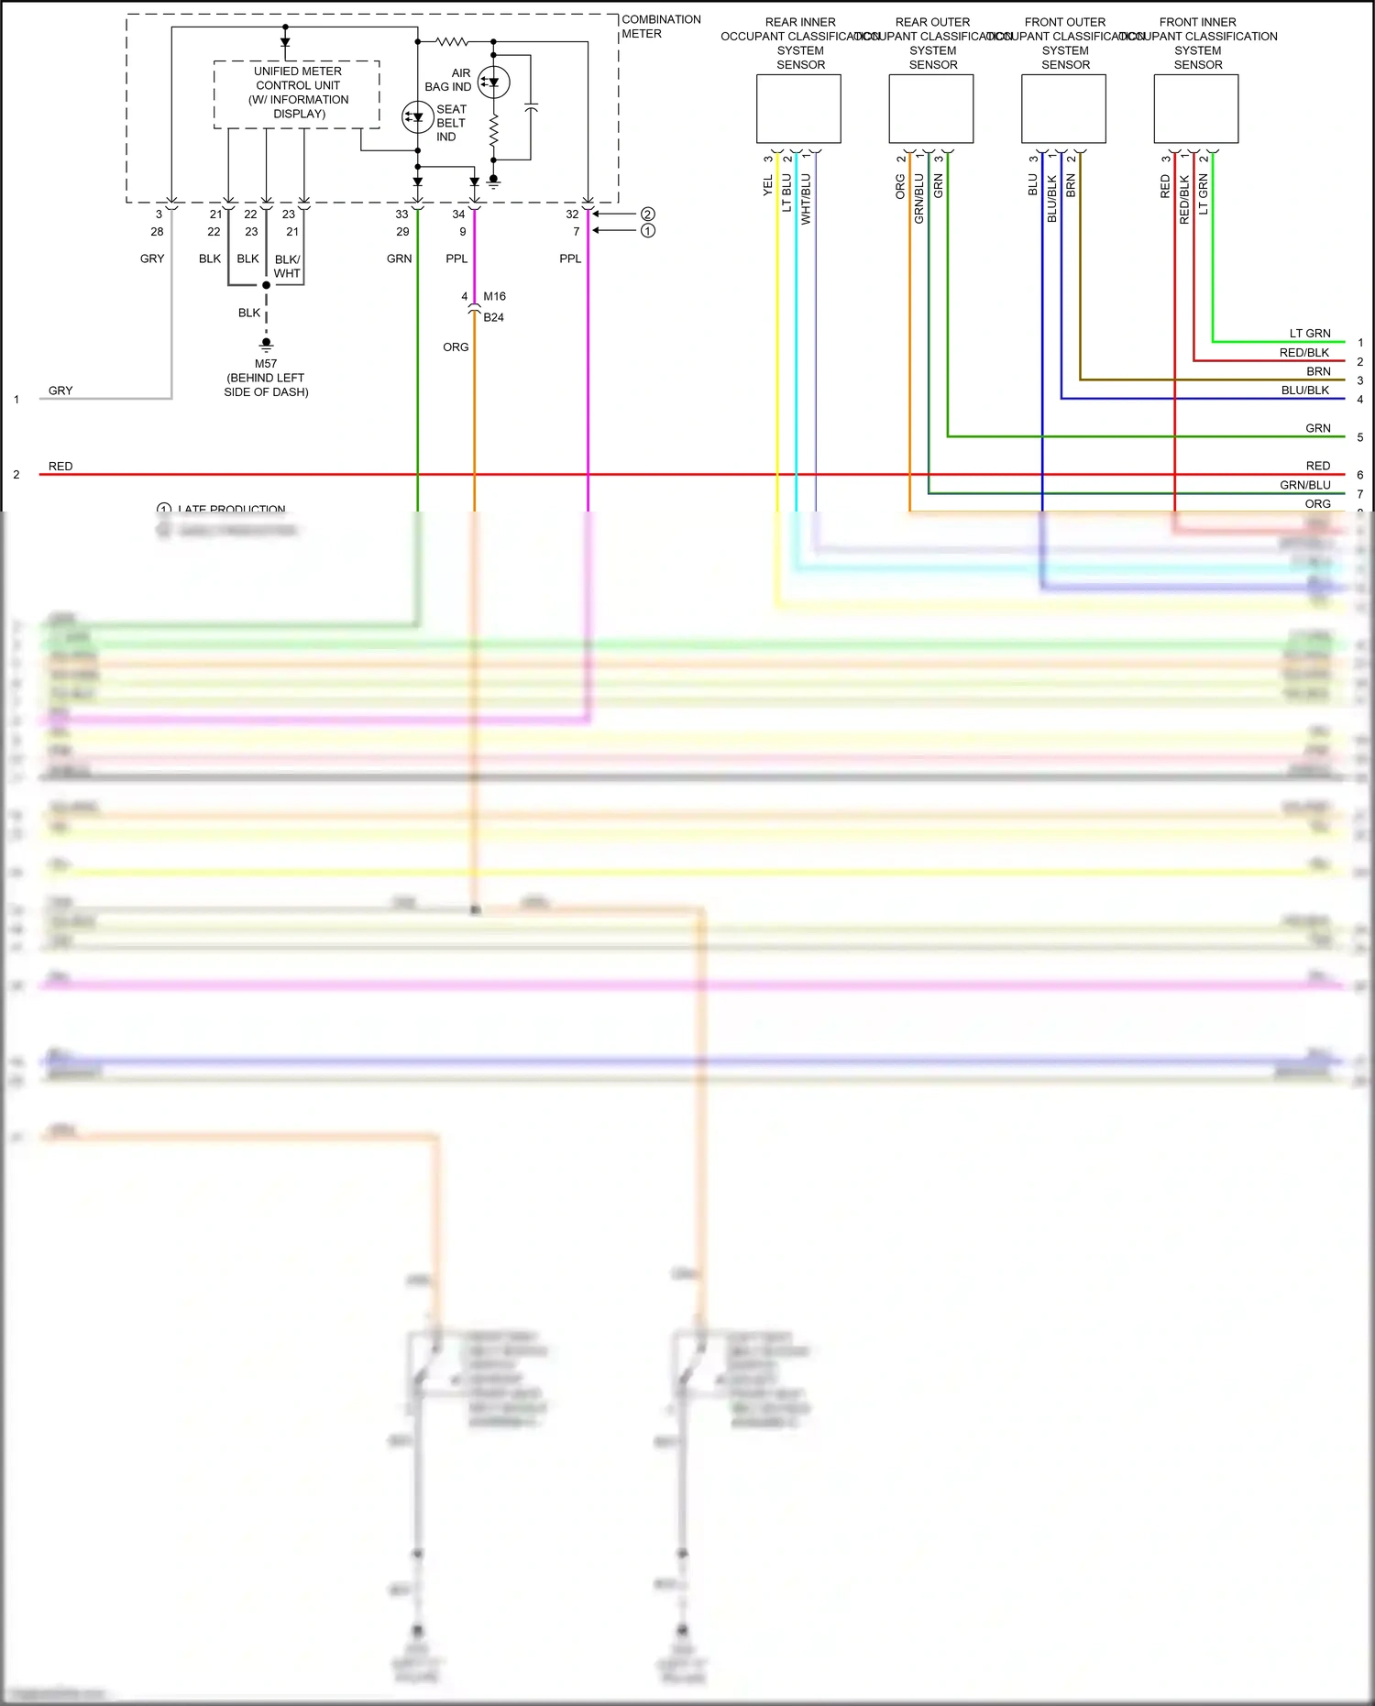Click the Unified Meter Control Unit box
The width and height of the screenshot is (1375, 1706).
point(297,94)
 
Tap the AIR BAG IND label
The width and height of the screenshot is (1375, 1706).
point(448,80)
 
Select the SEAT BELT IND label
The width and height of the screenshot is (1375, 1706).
point(450,123)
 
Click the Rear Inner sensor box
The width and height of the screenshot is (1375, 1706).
point(798,109)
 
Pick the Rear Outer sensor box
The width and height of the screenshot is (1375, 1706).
point(930,109)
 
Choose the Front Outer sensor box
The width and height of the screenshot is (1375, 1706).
point(1063,109)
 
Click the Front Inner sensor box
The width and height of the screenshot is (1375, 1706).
point(1195,109)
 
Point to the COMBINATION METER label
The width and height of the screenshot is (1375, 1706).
point(661,27)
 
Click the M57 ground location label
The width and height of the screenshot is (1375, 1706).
point(266,378)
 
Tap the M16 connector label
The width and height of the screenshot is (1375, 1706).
point(494,296)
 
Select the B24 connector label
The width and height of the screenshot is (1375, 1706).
point(493,317)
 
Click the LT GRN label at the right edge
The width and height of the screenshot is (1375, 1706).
point(1310,334)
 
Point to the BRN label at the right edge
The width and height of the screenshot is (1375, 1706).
point(1318,371)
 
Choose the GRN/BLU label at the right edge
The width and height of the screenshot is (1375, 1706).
point(1305,485)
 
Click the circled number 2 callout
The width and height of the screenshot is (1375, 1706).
point(648,214)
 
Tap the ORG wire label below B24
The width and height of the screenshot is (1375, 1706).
point(456,347)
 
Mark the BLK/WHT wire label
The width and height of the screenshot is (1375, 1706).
point(287,266)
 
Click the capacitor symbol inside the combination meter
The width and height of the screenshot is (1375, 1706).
point(531,109)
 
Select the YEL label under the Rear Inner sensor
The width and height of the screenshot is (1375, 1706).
point(768,186)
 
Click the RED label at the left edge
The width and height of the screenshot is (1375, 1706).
point(60,467)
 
